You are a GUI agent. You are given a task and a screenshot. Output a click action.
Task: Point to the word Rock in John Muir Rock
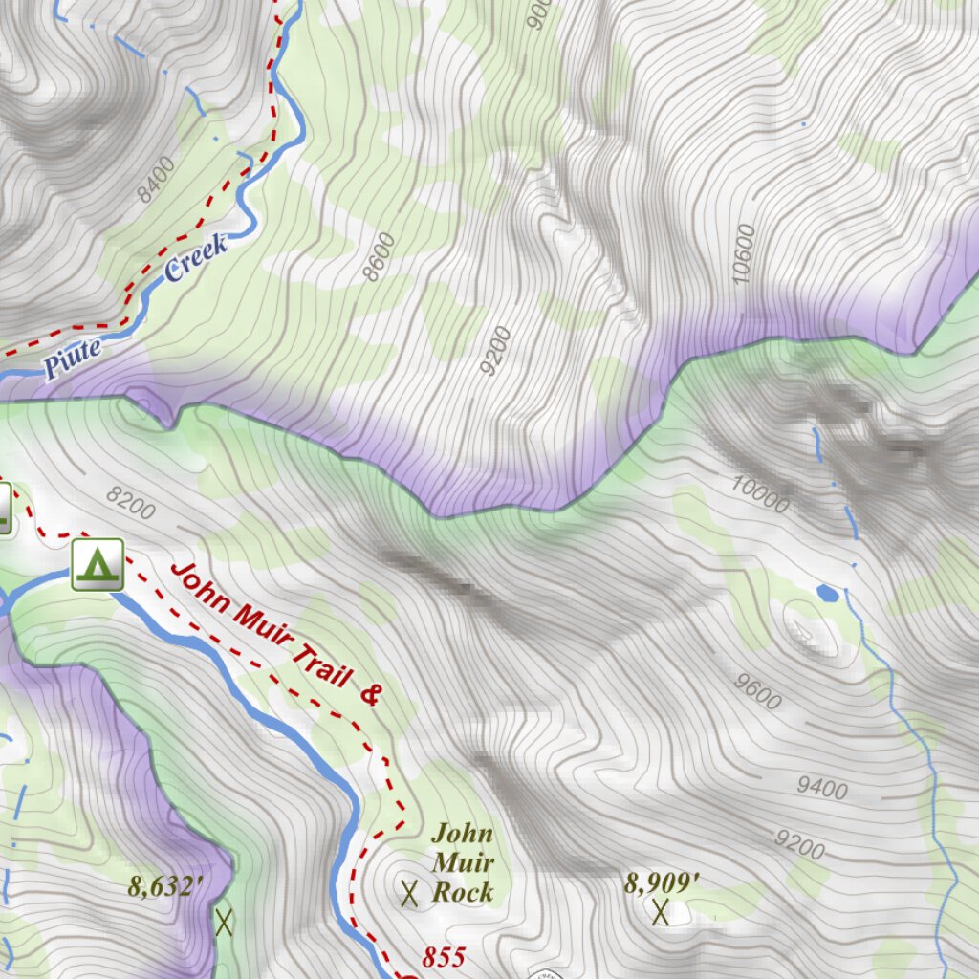pos(463,893)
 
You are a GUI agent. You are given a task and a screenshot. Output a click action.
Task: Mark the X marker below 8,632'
pos(224,923)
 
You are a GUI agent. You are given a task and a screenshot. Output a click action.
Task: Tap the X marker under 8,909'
pos(660,912)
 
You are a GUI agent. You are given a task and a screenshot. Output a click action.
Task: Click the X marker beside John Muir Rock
pos(409,894)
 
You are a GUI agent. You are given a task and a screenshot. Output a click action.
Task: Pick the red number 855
pos(444,956)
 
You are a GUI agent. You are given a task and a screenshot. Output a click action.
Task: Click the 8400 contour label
pos(156,181)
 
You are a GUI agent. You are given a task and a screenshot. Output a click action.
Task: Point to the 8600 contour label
pos(380,257)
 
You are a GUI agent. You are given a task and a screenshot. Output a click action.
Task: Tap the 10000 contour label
pos(760,493)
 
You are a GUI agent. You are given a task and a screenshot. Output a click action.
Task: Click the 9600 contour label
pos(759,691)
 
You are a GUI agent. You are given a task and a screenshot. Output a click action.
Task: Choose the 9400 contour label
pos(822,788)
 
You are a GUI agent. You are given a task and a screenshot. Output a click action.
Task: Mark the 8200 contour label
pos(130,503)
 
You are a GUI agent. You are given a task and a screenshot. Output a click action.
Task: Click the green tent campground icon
pos(98,564)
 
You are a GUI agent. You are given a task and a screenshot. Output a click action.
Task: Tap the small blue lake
pos(828,594)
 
